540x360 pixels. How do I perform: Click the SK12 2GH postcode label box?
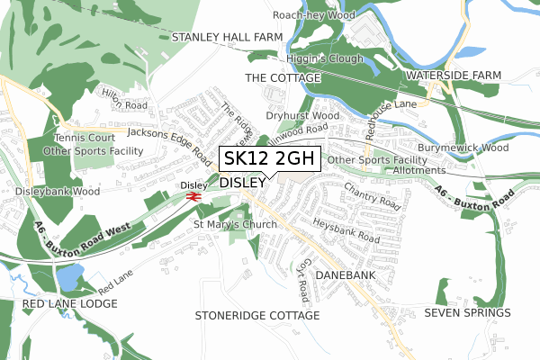[x=269, y=158]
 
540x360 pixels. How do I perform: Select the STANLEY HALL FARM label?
[x=227, y=37]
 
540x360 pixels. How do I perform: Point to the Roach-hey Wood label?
[x=315, y=15]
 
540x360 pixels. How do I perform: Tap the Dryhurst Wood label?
[x=302, y=116]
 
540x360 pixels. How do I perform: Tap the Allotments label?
[x=419, y=170]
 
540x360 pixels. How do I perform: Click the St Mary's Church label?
[x=235, y=225]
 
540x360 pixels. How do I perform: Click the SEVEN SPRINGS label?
[x=467, y=313]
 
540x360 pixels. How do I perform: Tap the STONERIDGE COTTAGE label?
[x=257, y=316]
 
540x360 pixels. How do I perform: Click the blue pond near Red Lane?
[x=72, y=274]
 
